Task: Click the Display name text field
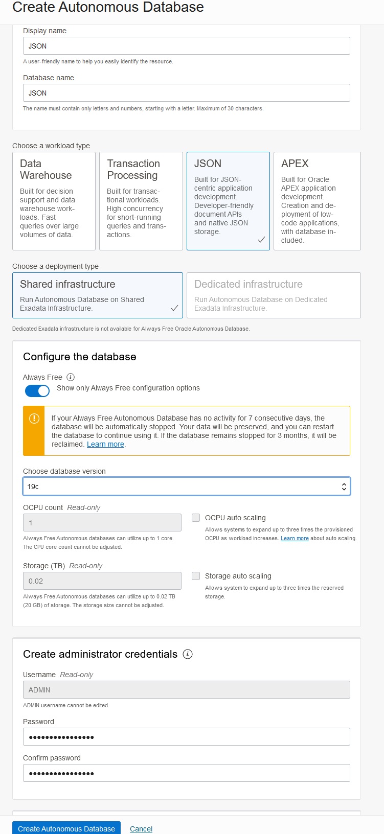pos(186,46)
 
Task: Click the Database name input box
pos(186,93)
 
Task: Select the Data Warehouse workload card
pos(54,201)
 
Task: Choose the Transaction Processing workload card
pos(141,201)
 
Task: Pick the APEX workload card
pos(317,201)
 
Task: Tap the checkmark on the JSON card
pos(261,240)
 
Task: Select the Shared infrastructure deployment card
pos(97,295)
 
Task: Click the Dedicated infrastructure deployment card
pos(274,295)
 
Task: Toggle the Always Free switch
pos(37,391)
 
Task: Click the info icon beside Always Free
pos(71,377)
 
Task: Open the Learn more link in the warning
pos(105,445)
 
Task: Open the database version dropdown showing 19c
pos(186,486)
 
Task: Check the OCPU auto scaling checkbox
pos(196,518)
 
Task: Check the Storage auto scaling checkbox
pos(196,576)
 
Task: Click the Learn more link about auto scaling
pos(295,539)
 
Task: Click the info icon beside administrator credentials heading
pos(188,654)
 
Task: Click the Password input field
pos(186,737)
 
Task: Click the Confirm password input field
pos(186,773)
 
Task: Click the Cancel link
pos(141,829)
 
